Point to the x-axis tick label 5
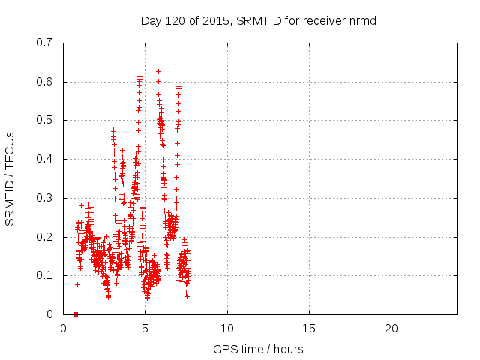(x=145, y=328)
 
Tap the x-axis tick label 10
(x=226, y=328)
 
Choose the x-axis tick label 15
(x=309, y=328)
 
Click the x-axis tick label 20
(x=391, y=328)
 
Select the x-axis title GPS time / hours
(x=258, y=349)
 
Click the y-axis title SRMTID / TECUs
(x=10, y=178)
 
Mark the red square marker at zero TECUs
(x=76, y=314)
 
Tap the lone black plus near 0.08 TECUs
(x=76, y=284)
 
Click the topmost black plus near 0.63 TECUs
(x=158, y=71)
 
